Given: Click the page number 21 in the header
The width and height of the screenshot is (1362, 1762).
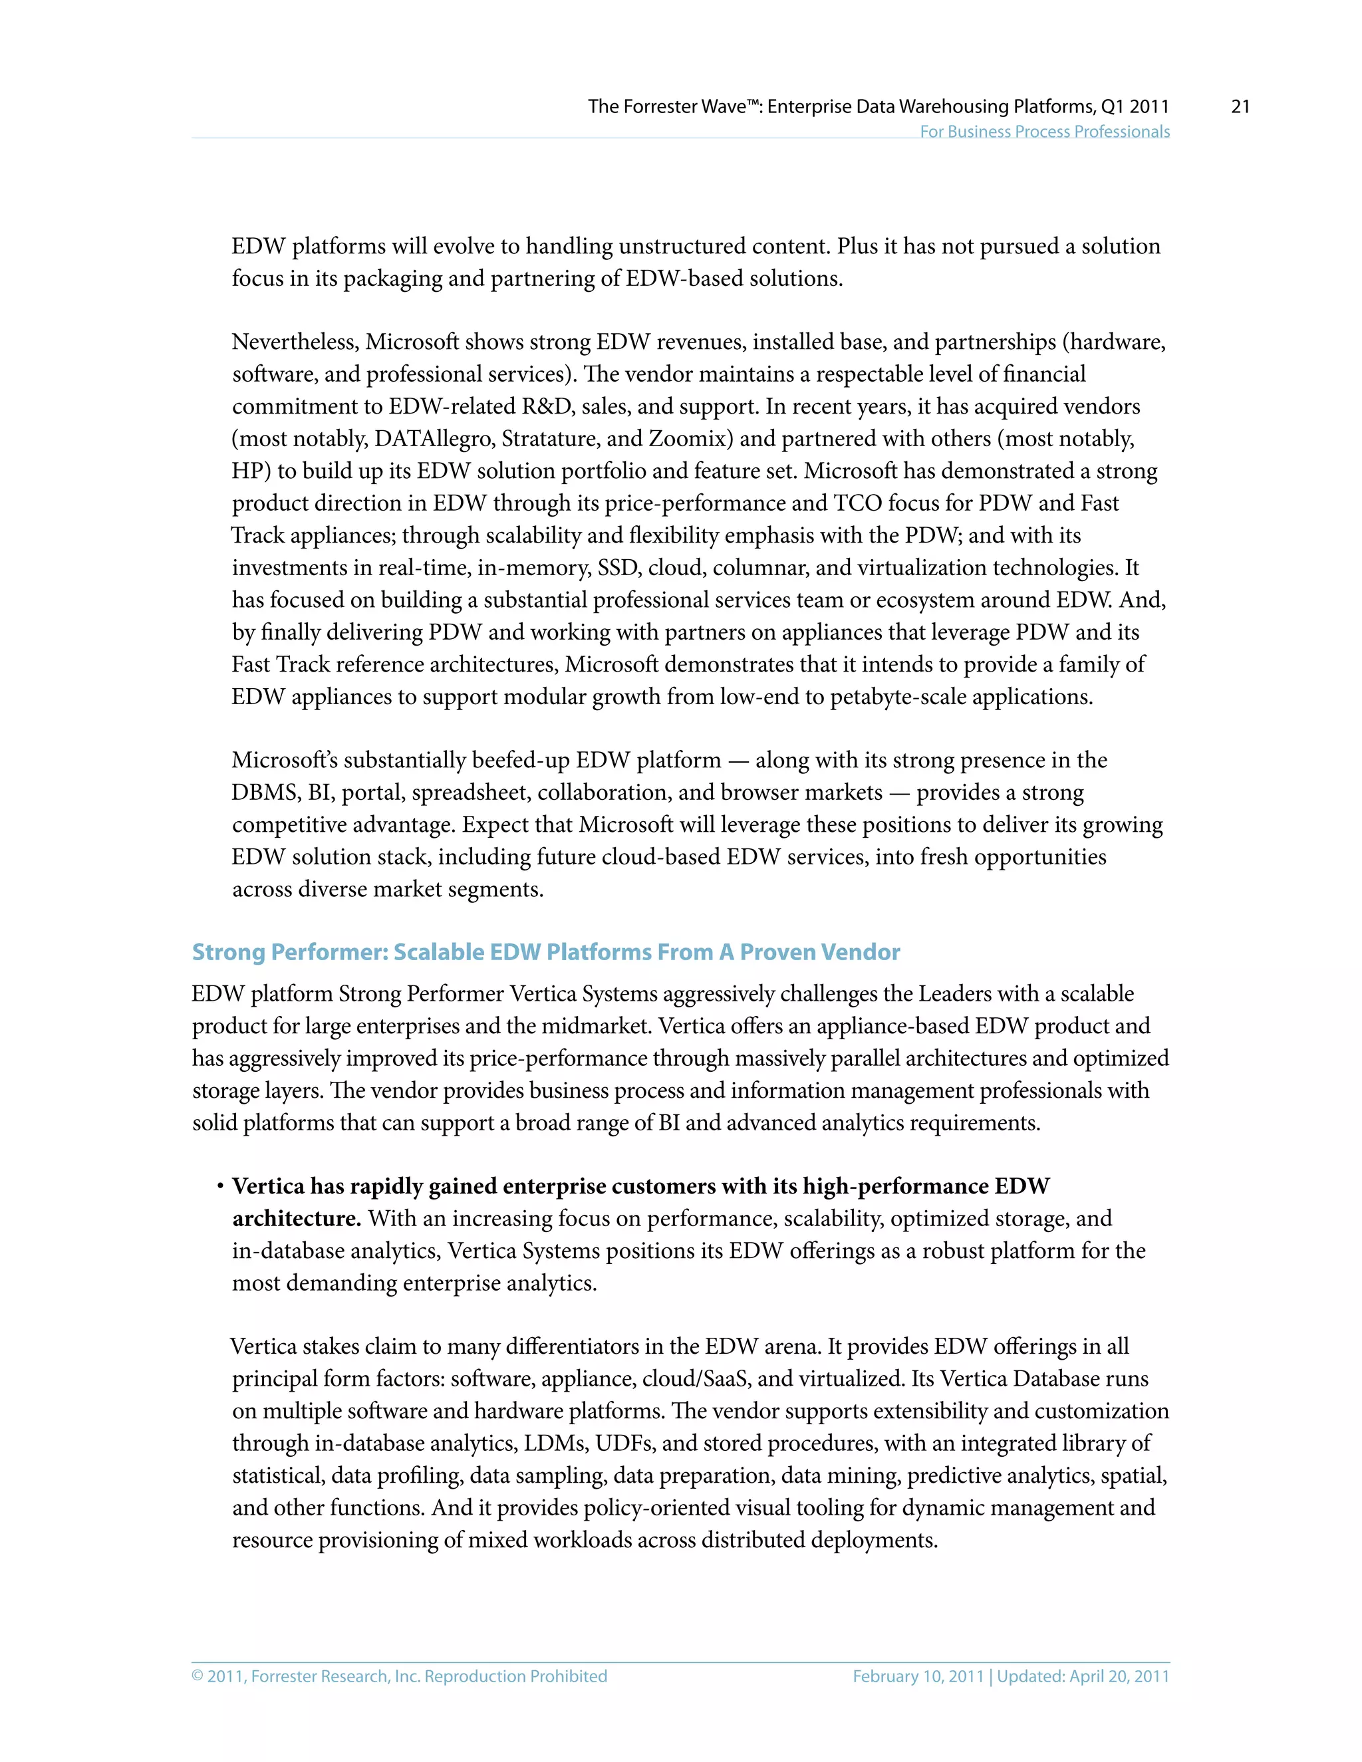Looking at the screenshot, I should tap(1240, 106).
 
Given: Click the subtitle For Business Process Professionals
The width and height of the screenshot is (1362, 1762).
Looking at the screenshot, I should tap(1044, 132).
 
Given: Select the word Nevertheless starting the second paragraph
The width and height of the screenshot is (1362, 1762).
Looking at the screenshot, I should tap(295, 342).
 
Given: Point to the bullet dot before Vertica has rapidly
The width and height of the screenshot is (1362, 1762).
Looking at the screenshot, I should tap(219, 1187).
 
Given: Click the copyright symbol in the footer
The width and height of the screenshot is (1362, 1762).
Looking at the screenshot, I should tap(198, 1676).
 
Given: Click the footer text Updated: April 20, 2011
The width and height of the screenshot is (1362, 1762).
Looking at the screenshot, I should tap(1083, 1676).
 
